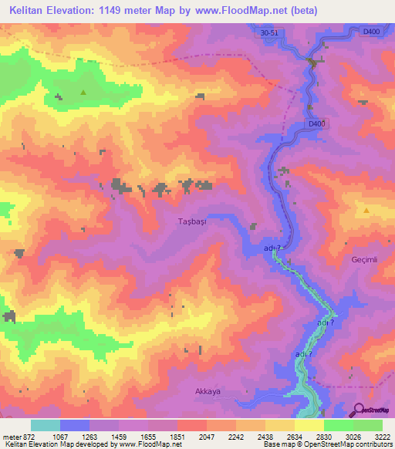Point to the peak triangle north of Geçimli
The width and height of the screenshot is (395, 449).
tap(366, 210)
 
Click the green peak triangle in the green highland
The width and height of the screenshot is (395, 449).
tap(83, 93)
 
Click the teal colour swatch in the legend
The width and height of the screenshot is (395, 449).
tap(45, 426)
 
